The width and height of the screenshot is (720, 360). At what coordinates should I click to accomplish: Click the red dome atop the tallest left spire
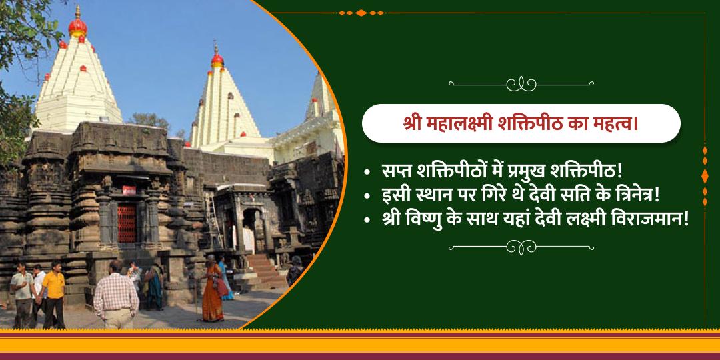(x=77, y=27)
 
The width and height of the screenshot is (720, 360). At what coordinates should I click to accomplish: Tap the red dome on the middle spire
(x=217, y=61)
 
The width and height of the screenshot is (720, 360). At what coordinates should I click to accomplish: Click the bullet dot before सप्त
(x=367, y=173)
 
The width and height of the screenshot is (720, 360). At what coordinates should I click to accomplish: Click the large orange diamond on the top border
(x=361, y=12)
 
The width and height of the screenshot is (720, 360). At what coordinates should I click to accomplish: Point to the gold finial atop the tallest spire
(x=77, y=11)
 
